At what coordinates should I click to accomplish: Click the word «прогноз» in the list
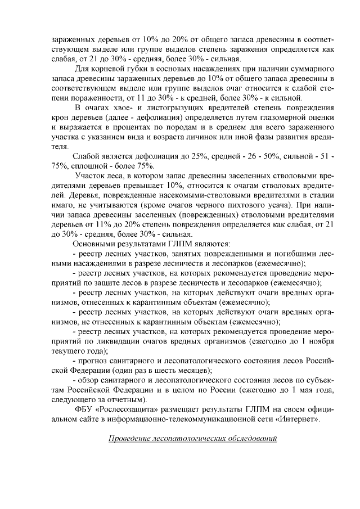[94, 359]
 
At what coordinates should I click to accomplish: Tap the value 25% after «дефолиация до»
[164, 155]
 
